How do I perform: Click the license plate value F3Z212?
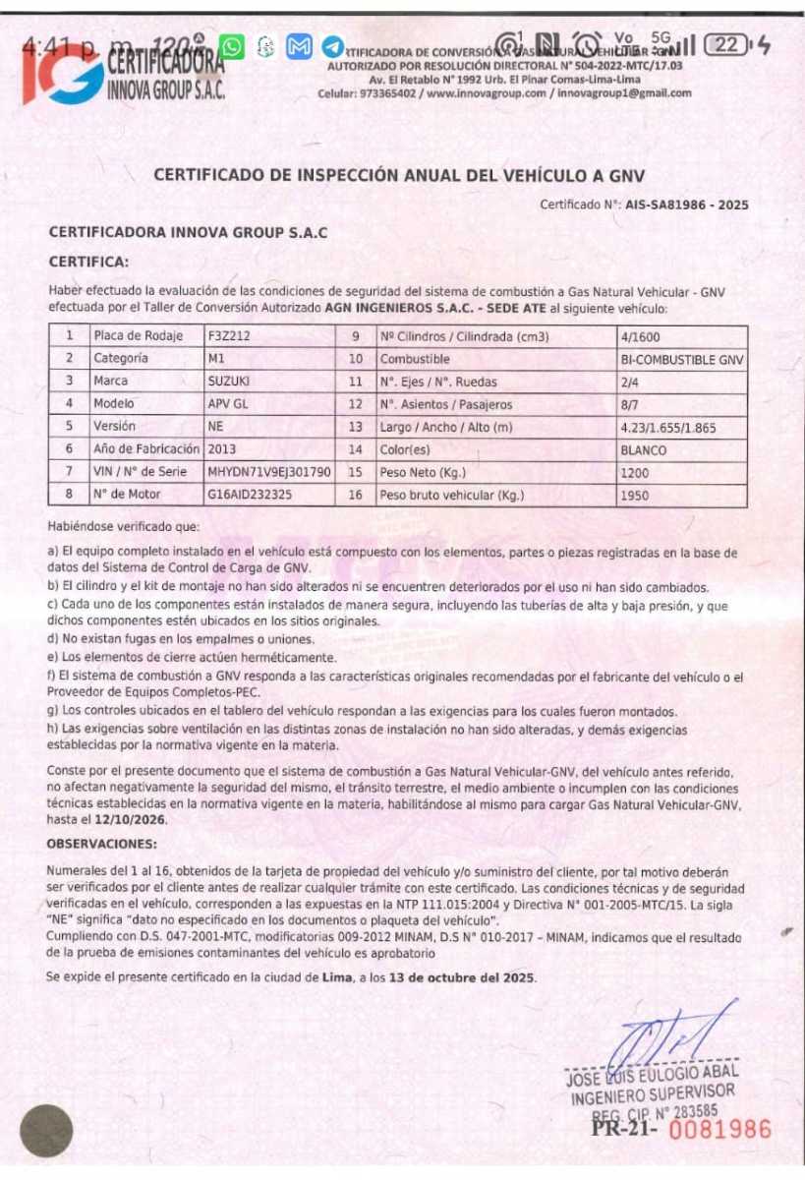tap(229, 336)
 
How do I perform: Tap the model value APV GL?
tap(228, 404)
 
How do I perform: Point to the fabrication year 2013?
tap(222, 449)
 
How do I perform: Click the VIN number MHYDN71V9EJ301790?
tap(268, 472)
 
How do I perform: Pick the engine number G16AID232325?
tap(250, 495)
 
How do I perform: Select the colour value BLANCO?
tap(644, 450)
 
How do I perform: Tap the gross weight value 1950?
tap(635, 496)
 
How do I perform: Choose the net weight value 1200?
tap(635, 473)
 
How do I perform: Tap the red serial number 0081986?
tap(720, 1129)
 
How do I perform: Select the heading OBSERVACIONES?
tap(101, 844)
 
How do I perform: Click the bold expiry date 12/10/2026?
tap(131, 819)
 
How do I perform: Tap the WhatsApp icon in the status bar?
tap(232, 46)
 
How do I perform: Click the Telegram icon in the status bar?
tap(333, 46)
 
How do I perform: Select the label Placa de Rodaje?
tap(139, 336)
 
